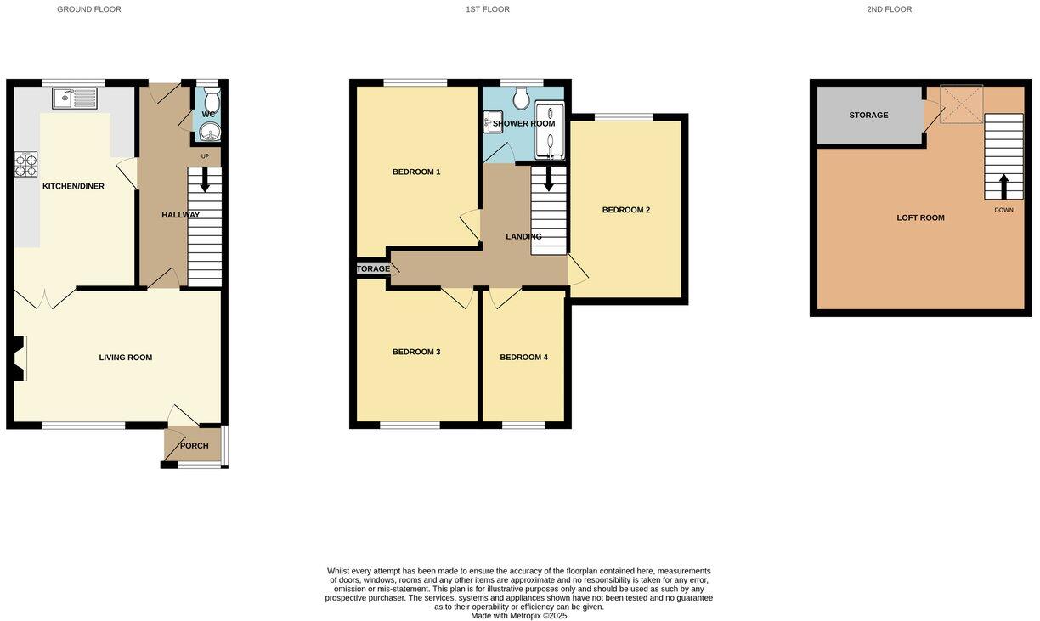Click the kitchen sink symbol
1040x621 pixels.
[75, 99]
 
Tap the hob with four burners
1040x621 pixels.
[25, 164]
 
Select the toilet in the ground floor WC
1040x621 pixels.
[211, 101]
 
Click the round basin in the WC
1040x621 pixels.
[209, 131]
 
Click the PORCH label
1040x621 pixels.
[194, 446]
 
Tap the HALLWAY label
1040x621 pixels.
[180, 215]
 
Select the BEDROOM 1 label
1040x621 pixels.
[416, 172]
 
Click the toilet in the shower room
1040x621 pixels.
[522, 100]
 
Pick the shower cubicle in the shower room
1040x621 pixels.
[549, 133]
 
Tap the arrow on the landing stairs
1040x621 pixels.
[549, 178]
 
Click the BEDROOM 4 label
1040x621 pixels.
[523, 358]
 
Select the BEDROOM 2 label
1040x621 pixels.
[626, 210]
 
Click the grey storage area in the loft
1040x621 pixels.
[868, 116]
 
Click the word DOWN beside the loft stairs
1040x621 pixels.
[1003, 210]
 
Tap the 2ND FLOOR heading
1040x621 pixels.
[889, 9]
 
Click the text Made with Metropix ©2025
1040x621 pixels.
[518, 616]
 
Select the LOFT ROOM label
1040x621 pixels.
[920, 218]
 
